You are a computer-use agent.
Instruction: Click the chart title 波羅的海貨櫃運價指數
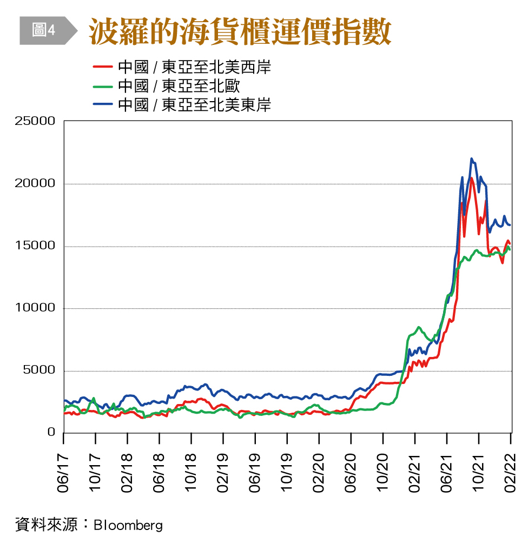[x=239, y=32]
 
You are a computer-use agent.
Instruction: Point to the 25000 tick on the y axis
[x=36, y=121]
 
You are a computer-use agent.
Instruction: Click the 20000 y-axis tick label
[x=36, y=183]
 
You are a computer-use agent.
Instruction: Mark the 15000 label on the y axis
[x=36, y=246]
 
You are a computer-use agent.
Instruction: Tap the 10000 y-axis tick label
[x=36, y=308]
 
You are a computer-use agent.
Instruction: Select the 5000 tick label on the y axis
[x=39, y=370]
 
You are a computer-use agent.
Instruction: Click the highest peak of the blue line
[x=471, y=158]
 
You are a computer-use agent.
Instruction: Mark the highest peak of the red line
[x=471, y=178]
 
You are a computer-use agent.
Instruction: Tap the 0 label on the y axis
[x=51, y=432]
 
